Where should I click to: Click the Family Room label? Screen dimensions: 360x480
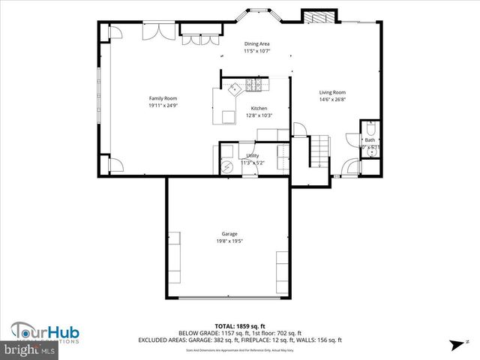(163, 98)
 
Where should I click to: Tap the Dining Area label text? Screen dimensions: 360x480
(256, 44)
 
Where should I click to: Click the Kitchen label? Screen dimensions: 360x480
(259, 109)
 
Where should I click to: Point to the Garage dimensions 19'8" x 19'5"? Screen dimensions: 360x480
(229, 241)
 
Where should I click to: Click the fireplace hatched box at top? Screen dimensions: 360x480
(313, 17)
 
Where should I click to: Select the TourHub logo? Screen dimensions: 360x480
(45, 332)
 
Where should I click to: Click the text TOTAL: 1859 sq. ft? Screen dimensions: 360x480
(240, 326)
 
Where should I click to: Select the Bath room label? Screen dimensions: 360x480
(370, 139)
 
